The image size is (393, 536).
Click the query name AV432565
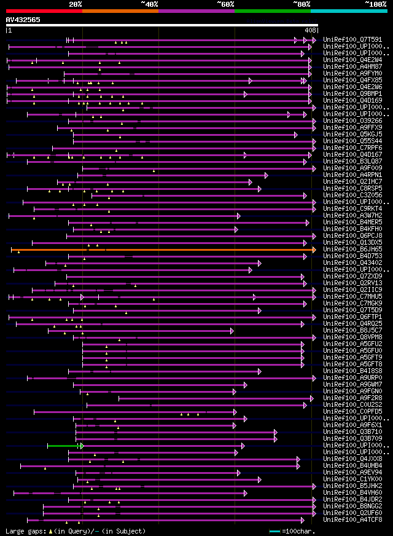coord(23,20)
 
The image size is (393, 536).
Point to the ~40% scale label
coord(149,4)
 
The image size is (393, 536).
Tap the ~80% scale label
coord(302,4)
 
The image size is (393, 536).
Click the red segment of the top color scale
coord(44,10)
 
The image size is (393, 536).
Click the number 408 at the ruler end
coord(310,30)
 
